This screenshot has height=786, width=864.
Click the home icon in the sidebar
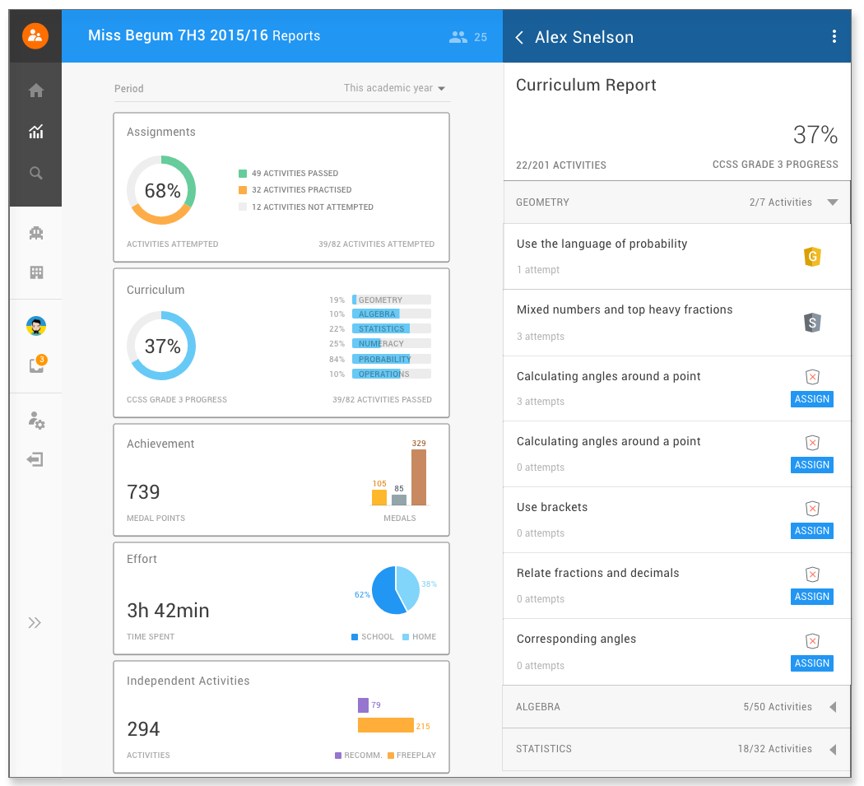pos(36,90)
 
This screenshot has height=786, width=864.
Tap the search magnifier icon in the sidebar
pos(36,173)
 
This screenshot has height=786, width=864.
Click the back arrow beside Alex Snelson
pos(519,37)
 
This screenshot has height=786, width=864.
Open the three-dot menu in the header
pos(834,36)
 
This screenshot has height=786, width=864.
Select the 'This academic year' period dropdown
pos(394,88)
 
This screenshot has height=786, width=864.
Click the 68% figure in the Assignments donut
pos(163,191)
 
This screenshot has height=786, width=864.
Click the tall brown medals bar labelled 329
pos(419,477)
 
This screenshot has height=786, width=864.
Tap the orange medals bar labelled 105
pos(379,497)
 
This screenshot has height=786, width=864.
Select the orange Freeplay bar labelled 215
pos(386,725)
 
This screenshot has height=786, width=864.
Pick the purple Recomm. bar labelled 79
pos(363,705)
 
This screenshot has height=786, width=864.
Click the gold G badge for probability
pos(812,256)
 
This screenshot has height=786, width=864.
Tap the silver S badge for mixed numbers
pos(812,323)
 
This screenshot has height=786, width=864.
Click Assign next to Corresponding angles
pos(811,663)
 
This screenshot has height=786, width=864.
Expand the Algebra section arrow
pos(833,707)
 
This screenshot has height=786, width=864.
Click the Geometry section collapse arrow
pos(833,202)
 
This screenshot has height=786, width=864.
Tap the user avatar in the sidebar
pos(36,326)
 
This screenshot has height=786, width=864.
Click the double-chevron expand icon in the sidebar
pos(35,623)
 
